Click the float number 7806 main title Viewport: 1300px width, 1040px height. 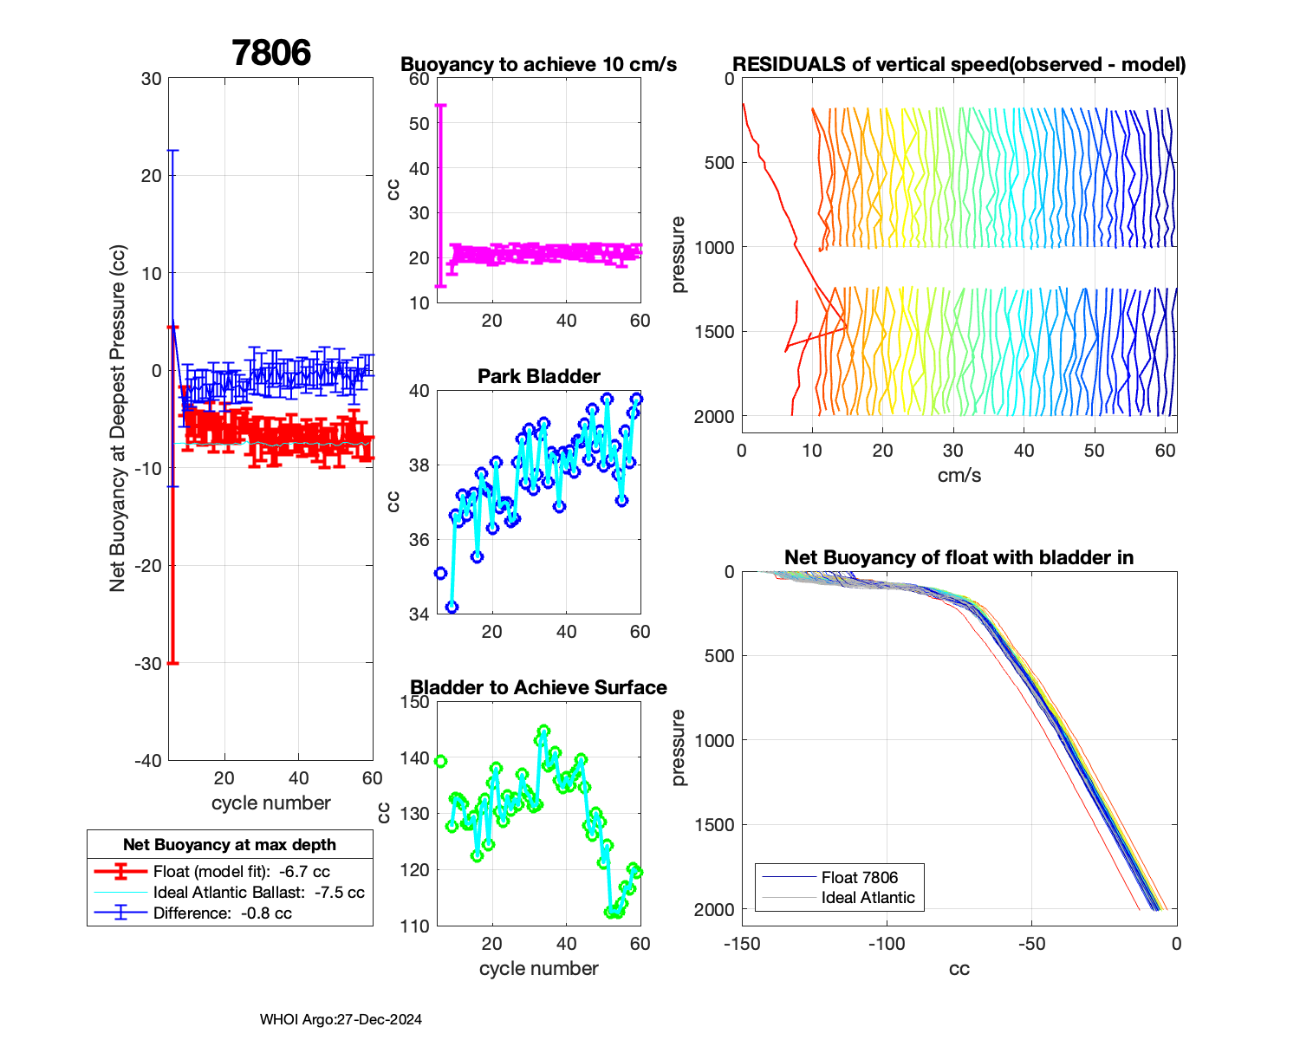(271, 54)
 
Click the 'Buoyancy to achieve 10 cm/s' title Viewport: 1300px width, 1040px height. (538, 65)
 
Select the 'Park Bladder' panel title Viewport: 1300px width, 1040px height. (538, 376)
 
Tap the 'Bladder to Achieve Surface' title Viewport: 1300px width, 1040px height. (538, 687)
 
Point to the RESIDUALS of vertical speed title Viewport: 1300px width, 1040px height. (959, 65)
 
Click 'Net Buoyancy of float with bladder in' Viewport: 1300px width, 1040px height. (959, 557)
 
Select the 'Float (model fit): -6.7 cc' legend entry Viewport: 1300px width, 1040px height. (241, 872)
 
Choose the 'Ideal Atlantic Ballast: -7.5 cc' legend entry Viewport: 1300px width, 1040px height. (258, 893)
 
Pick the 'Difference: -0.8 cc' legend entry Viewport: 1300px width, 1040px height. (222, 913)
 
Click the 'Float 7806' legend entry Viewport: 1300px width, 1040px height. (859, 878)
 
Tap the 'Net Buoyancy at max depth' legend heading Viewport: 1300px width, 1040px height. (230, 845)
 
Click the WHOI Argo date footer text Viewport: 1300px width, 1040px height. (341, 1019)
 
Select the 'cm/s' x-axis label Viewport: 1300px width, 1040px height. (959, 475)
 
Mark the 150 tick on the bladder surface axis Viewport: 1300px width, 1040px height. (416, 702)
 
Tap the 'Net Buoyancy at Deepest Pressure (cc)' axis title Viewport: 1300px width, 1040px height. (118, 419)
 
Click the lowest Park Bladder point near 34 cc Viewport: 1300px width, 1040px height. (452, 607)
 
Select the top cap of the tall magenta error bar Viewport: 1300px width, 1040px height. (440, 106)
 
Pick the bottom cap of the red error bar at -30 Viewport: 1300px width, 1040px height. (172, 663)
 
